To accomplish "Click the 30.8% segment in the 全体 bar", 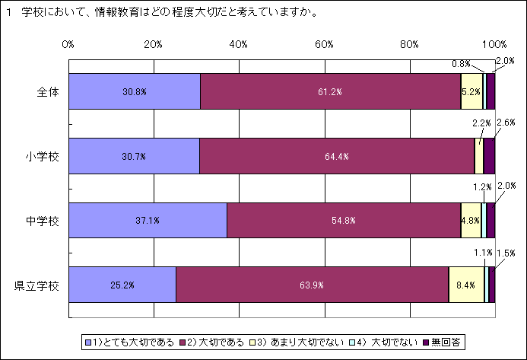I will (134, 91).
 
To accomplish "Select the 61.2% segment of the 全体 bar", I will (330, 91).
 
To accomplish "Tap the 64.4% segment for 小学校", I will (337, 156).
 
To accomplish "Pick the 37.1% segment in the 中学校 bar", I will (148, 221).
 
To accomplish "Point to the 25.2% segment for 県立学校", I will (122, 285).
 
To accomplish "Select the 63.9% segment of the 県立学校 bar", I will (312, 285).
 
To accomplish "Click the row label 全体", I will (48, 92).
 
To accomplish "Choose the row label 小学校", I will (43, 157).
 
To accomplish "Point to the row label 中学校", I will (43, 221).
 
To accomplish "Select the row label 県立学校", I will (39, 286).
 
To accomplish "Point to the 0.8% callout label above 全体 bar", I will (461, 64).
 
